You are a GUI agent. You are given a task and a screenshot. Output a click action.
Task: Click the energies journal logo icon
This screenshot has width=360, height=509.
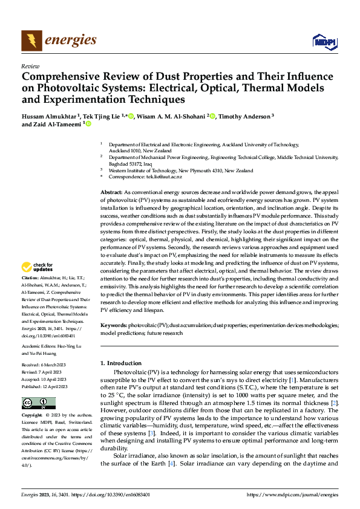click(x=31, y=41)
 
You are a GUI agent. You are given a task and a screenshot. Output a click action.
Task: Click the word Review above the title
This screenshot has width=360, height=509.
click(x=30, y=66)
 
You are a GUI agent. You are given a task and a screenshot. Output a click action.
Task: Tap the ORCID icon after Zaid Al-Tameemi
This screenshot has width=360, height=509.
click(x=88, y=125)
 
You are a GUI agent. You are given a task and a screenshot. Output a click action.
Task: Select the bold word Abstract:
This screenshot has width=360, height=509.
click(x=113, y=191)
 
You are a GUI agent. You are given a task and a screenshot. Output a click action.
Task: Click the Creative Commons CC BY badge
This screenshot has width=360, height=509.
click(x=38, y=403)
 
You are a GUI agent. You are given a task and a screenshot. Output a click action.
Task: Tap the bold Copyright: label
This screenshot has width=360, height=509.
click(x=33, y=416)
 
